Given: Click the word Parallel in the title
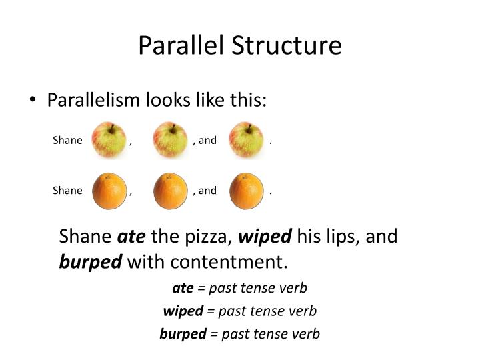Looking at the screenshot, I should tap(181, 45).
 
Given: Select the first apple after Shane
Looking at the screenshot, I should tap(109, 141).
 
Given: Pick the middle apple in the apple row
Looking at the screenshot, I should tap(169, 141).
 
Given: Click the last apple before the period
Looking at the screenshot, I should tap(246, 141).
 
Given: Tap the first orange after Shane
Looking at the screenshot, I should tap(109, 191).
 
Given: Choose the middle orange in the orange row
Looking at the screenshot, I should tap(170, 191).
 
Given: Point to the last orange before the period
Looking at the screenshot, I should tap(247, 191).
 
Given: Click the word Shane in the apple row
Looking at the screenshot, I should tap(67, 141).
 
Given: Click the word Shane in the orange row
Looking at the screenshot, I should tap(67, 191).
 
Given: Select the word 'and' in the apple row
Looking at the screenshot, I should tap(208, 141).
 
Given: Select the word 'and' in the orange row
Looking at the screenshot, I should tap(208, 191).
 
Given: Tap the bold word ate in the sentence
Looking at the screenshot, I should tap(131, 237).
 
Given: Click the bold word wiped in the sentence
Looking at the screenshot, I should tap(265, 237).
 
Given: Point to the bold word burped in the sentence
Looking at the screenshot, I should tap(91, 261).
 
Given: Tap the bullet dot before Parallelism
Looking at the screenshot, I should tap(33, 101).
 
